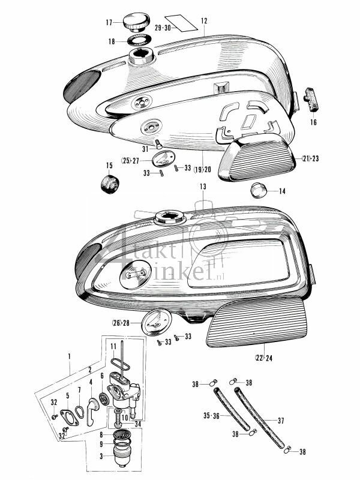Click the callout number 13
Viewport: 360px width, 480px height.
point(203,187)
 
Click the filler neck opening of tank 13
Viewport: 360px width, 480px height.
point(167,216)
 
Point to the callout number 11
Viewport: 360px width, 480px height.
point(112,347)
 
